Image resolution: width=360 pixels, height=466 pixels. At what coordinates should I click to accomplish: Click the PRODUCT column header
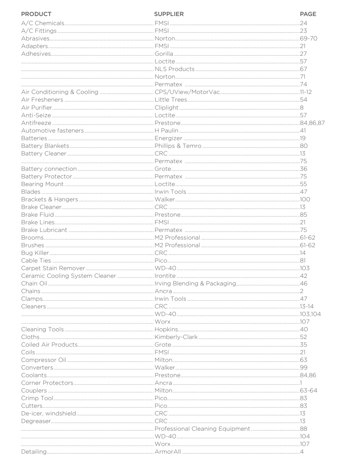point(36,14)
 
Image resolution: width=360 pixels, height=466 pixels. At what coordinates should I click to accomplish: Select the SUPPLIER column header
point(169,14)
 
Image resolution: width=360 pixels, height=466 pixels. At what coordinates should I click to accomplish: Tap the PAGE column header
point(308,14)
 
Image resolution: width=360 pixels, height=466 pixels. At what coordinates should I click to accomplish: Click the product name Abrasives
point(35,39)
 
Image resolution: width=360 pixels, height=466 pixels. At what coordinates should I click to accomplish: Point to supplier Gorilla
point(164,54)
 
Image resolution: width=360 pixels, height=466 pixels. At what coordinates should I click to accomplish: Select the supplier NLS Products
point(175,69)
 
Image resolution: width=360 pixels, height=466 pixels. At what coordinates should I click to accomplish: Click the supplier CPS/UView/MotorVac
point(187,92)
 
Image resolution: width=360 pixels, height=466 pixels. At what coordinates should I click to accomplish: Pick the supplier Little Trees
point(171,100)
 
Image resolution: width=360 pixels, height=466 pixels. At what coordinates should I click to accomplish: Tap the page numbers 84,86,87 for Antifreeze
point(312,123)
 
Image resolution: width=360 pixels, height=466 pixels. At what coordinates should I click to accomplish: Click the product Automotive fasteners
point(52,131)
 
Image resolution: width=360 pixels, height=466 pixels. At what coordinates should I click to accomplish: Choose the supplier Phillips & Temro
point(178,146)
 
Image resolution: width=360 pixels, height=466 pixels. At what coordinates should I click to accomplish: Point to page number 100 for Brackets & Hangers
point(305,200)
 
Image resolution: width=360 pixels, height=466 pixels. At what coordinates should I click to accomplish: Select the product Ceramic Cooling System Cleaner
point(68,276)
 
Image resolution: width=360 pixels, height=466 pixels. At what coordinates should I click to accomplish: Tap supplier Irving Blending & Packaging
point(195,284)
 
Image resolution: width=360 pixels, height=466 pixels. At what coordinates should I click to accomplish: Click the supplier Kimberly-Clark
point(176,337)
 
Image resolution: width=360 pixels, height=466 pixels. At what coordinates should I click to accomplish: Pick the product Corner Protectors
point(47,383)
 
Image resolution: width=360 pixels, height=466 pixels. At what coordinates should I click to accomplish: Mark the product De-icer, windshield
point(48,414)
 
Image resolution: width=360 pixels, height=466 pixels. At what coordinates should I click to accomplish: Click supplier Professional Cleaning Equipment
point(202,429)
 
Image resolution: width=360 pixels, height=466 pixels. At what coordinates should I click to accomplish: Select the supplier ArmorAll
point(168,452)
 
